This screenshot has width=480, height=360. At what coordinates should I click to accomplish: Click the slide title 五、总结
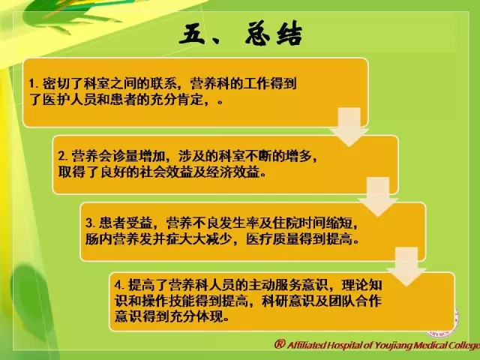pyautogui.click(x=241, y=34)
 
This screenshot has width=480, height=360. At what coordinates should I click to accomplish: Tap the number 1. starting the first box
pyautogui.click(x=34, y=83)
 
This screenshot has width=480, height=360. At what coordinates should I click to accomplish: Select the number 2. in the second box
pyautogui.click(x=63, y=156)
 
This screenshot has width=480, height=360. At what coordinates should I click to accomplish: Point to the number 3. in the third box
pyautogui.click(x=91, y=223)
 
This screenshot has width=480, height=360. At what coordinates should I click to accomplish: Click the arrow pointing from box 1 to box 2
pyautogui.click(x=349, y=127)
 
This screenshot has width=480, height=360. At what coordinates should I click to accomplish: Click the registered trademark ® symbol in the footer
pyautogui.click(x=280, y=344)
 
